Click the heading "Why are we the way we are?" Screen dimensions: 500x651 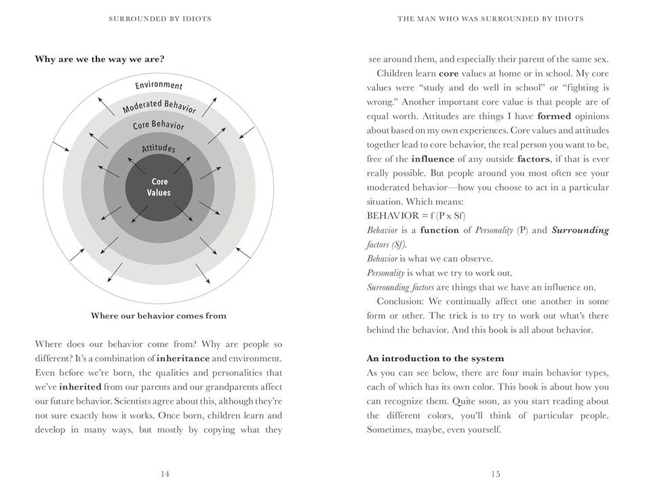pyautogui.click(x=100, y=59)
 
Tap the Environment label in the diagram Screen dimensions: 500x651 pyautogui.click(x=159, y=85)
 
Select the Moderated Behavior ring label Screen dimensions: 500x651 pyautogui.click(x=159, y=106)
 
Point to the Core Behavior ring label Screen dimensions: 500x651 pyautogui.click(x=159, y=126)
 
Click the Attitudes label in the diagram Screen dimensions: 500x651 pyautogui.click(x=159, y=148)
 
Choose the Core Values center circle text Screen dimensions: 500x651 pyautogui.click(x=159, y=187)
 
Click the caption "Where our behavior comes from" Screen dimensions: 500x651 pyautogui.click(x=159, y=315)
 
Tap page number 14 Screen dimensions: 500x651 pyautogui.click(x=165, y=474)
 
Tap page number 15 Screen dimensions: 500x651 pyautogui.click(x=496, y=474)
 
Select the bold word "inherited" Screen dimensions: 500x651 pyautogui.click(x=80, y=387)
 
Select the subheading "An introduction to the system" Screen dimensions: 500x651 pyautogui.click(x=435, y=358)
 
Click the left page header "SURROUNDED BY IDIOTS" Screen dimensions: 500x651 pyautogui.click(x=160, y=19)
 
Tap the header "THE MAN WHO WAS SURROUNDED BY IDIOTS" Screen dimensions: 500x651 pyautogui.click(x=490, y=19)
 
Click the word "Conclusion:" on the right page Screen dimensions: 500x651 pyautogui.click(x=399, y=301)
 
